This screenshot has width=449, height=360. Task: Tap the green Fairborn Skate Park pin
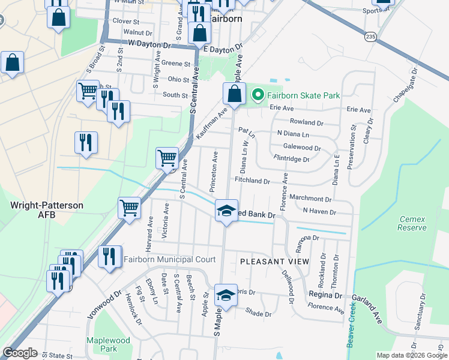tap(258, 95)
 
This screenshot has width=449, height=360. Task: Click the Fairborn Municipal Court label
tap(169, 260)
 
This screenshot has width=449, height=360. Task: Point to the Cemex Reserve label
tap(412, 223)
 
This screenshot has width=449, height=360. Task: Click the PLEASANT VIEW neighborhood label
tap(274, 262)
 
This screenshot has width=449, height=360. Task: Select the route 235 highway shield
tap(370, 37)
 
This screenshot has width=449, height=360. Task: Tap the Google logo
tap(20, 353)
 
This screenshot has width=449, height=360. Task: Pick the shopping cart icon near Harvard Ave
tap(129, 208)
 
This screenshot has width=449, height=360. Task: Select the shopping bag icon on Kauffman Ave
tap(234, 93)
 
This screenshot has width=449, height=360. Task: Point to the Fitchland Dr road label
tap(253, 181)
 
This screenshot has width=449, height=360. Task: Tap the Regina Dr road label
tap(325, 295)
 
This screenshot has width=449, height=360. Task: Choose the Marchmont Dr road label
tap(310, 199)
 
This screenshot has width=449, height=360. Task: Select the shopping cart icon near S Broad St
tap(88, 91)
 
